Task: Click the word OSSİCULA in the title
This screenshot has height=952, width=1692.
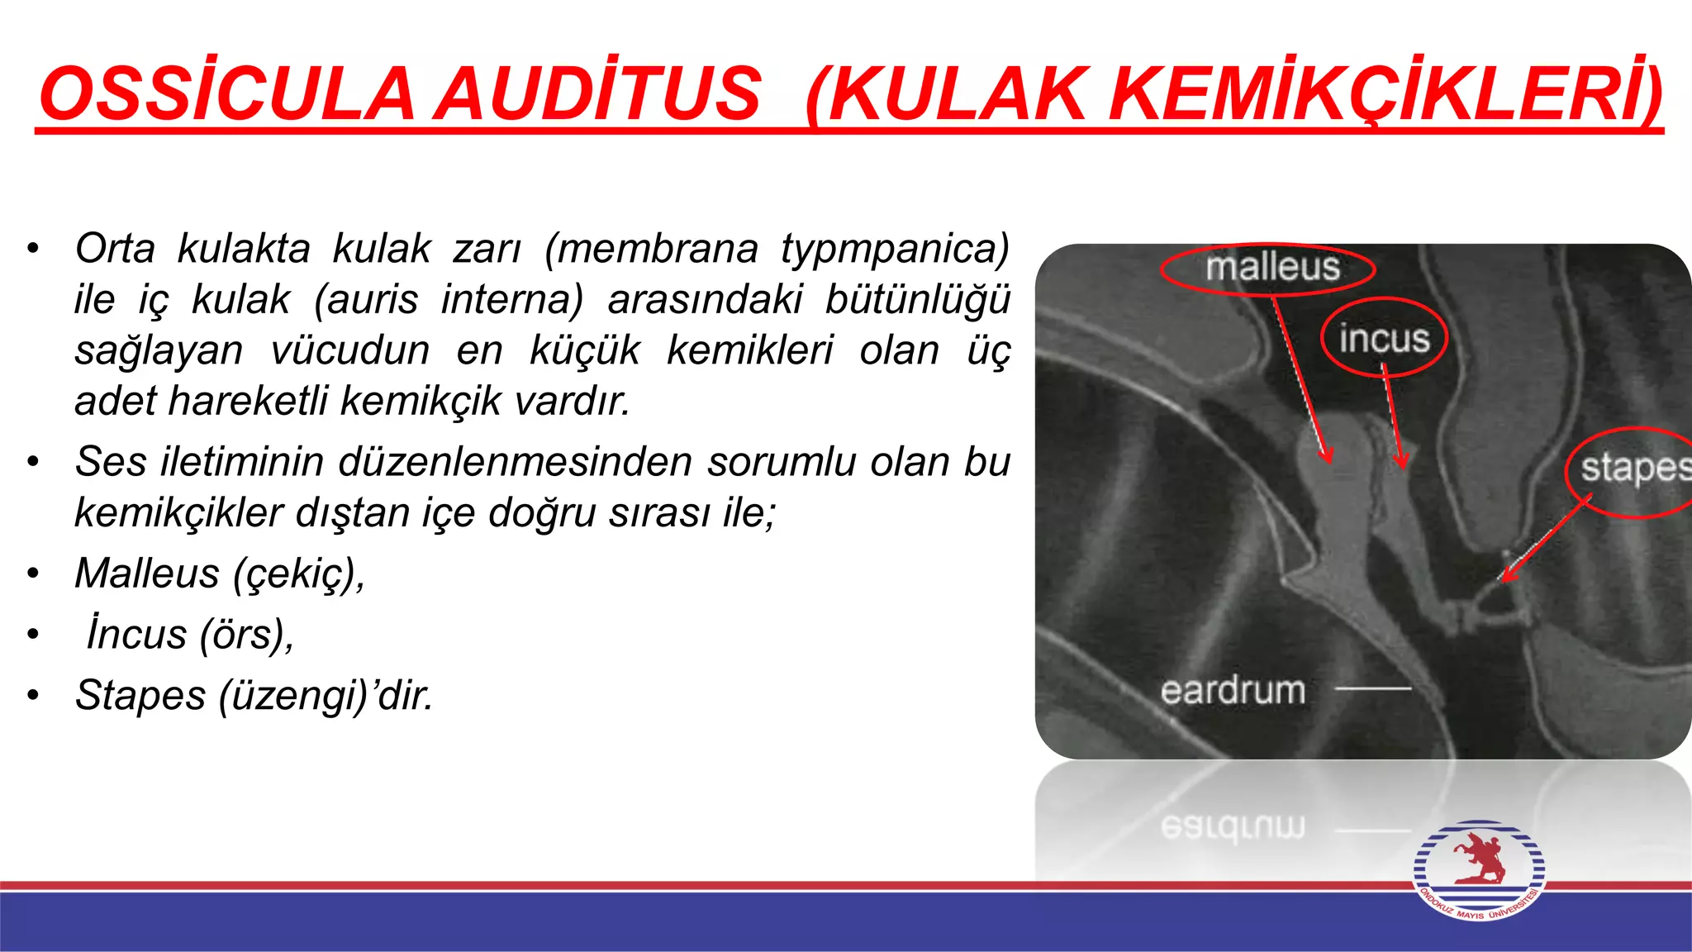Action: [x=226, y=93]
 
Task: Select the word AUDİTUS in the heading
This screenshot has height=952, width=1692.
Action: [x=598, y=93]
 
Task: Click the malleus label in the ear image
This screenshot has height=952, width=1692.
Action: [x=1272, y=268]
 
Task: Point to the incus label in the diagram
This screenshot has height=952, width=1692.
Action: [x=1384, y=338]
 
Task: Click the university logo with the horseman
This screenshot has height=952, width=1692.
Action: [x=1479, y=869]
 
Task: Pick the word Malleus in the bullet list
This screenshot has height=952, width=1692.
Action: [x=147, y=574]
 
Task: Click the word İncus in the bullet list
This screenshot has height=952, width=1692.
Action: [x=137, y=635]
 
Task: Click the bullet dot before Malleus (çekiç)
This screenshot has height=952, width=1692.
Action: [x=33, y=574]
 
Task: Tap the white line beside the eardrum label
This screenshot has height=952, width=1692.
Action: [x=1373, y=688]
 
